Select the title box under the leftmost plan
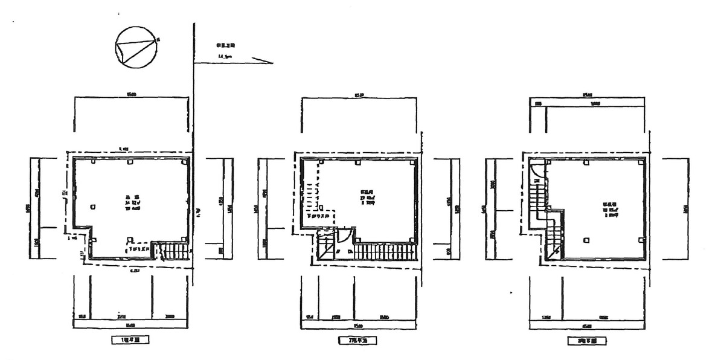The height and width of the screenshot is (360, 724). [x=130, y=341]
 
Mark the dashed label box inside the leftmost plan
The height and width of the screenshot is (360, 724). [x=138, y=248]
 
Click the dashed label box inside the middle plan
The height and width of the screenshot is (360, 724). [x=319, y=215]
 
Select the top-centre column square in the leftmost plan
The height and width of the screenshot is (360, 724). [x=130, y=162]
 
